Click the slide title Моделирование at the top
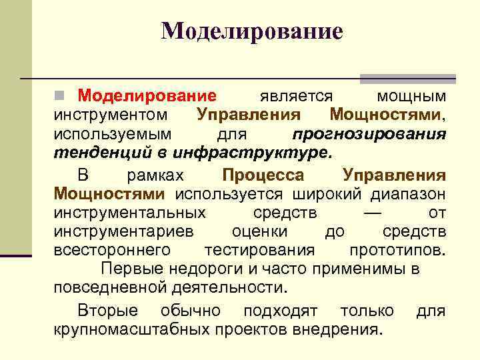click(x=251, y=31)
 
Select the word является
click(x=292, y=97)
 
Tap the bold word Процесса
click(x=263, y=176)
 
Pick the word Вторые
click(x=108, y=311)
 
